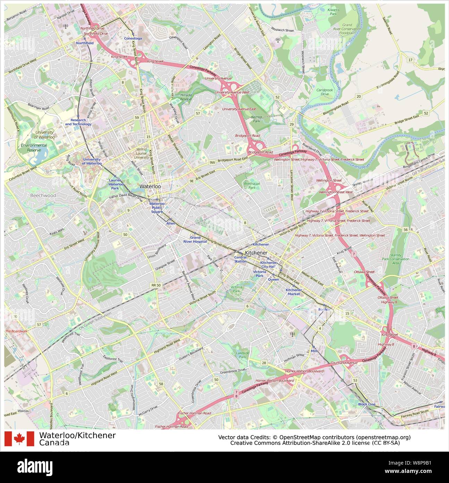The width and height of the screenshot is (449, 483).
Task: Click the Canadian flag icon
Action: (19, 439)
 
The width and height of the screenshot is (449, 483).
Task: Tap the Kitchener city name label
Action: (256, 253)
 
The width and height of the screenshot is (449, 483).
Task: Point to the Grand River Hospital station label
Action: (195, 239)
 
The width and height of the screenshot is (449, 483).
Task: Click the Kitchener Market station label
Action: (294, 292)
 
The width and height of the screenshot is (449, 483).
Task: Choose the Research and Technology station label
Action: (78, 122)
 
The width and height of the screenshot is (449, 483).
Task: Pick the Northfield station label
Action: (85, 43)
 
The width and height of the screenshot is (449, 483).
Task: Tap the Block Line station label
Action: (367, 404)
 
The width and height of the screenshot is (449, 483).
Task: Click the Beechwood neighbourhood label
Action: (43, 196)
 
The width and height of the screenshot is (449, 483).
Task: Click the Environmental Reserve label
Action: (34, 148)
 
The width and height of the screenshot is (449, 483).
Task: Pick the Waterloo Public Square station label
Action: (157, 207)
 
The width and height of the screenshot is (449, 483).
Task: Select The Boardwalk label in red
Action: (16, 331)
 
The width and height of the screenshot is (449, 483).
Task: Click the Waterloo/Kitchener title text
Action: (77, 435)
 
